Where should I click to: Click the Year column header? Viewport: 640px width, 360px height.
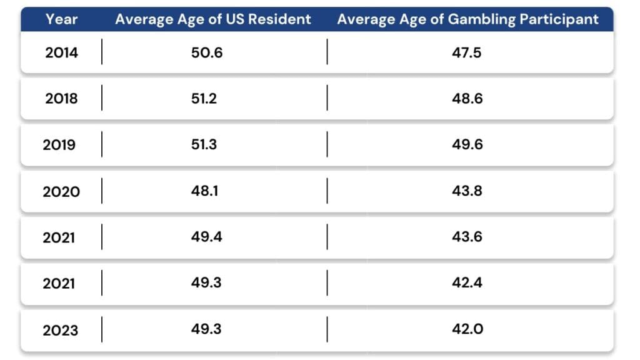point(61,19)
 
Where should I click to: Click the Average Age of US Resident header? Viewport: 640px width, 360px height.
point(213,19)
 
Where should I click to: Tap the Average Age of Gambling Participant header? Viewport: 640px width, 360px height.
point(467,19)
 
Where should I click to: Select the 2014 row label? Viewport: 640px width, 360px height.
point(61,52)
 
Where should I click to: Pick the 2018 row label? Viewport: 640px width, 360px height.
point(61,99)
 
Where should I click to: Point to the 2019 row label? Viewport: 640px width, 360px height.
point(59,145)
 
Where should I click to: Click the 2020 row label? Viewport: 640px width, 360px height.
point(61,191)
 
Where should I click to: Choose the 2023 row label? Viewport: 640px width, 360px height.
point(61,330)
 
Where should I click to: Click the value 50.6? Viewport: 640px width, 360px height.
point(206,52)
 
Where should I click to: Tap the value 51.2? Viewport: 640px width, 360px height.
point(204,99)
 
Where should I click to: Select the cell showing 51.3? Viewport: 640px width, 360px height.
point(204,145)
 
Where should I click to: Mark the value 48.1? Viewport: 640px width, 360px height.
point(204,191)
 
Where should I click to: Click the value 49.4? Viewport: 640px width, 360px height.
point(206,237)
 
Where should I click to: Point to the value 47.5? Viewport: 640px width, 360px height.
point(466,52)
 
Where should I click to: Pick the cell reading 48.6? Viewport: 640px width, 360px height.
point(467,99)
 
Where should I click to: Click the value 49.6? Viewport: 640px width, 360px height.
point(467,145)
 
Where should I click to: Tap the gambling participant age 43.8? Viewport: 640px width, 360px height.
point(467,191)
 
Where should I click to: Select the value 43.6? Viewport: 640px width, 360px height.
point(467,237)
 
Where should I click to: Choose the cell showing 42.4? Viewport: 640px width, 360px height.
point(467,283)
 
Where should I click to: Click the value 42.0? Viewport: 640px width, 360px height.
point(467,329)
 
